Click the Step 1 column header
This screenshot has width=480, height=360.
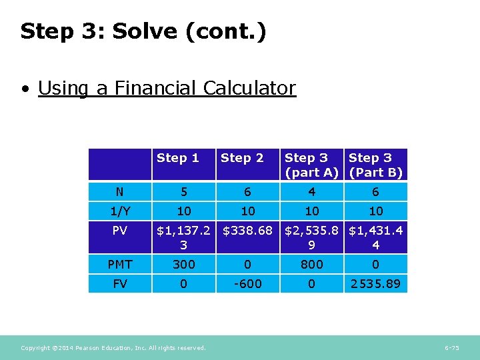[178, 158]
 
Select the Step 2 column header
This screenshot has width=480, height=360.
[242, 158]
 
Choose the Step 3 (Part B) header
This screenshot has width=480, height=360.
[375, 165]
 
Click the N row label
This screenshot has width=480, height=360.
[119, 192]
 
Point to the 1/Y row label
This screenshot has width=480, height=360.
[120, 211]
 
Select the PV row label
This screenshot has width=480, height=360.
[120, 231]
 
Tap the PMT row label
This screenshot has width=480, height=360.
[120, 265]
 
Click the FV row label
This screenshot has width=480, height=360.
[120, 284]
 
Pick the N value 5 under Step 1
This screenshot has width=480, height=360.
[184, 192]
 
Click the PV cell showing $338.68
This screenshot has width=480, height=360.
[247, 231]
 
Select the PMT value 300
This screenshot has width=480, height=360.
[184, 265]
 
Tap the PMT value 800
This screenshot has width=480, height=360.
[311, 265]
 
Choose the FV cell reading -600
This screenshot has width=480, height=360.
[247, 284]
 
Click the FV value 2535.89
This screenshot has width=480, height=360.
[375, 284]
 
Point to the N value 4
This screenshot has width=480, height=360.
[311, 192]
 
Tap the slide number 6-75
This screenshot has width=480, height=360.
[451, 348]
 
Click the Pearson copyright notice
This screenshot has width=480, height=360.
[113, 348]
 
